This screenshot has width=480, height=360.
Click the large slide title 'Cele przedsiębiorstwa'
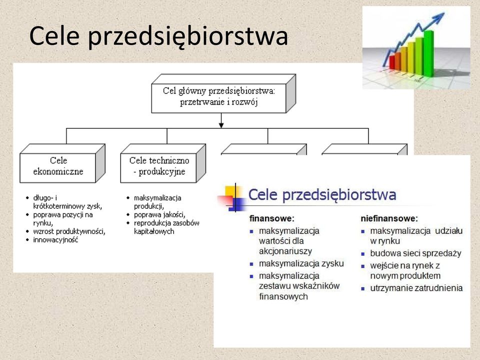[x=158, y=36]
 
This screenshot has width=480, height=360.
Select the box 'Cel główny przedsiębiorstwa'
[x=223, y=93]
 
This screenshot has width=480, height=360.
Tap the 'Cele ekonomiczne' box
[x=62, y=163]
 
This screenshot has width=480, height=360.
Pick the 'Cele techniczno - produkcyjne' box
[x=163, y=163]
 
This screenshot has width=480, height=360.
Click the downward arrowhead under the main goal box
[x=221, y=125]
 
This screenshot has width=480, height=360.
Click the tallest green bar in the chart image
[x=428, y=53]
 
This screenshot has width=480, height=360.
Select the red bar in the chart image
[x=392, y=62]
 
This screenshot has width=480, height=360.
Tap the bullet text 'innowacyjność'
[x=55, y=240]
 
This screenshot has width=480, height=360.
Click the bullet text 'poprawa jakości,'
[x=159, y=215]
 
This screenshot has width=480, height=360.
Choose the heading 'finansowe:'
[x=272, y=218]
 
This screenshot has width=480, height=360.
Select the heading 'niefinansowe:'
[x=389, y=218]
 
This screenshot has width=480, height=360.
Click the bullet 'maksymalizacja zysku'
[x=301, y=263]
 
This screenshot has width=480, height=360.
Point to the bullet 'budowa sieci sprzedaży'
[x=415, y=253]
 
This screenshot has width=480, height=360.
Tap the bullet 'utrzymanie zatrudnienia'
[x=416, y=288]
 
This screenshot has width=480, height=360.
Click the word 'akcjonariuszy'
[x=285, y=251]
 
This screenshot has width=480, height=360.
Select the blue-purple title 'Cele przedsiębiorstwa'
[x=322, y=195]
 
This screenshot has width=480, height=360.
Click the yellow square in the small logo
[x=230, y=191]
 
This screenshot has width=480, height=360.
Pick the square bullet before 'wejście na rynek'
[x=363, y=266]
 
